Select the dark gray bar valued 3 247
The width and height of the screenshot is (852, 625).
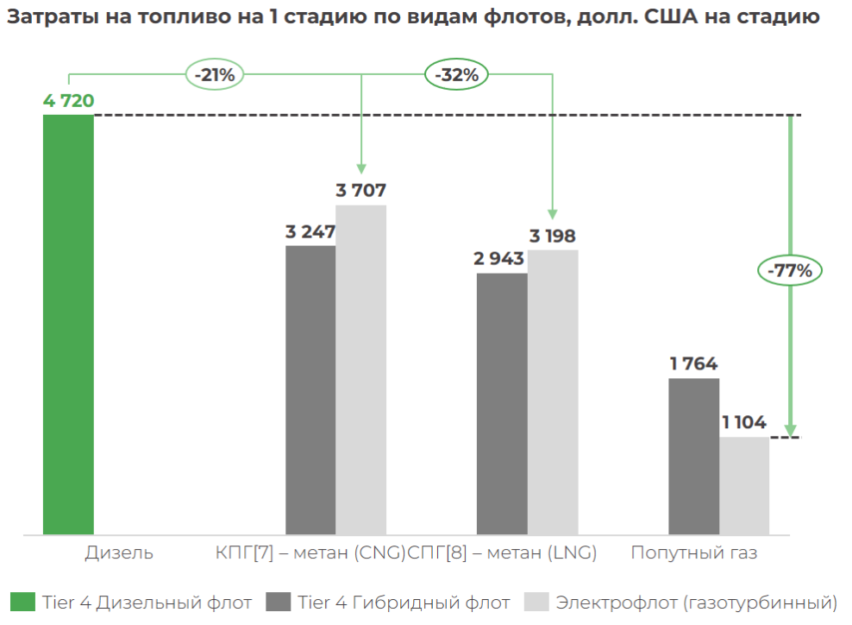point(310,389)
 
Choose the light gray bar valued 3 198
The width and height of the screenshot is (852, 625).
point(553,392)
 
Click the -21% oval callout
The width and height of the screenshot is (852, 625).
point(215,75)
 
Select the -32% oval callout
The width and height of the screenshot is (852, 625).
point(456,75)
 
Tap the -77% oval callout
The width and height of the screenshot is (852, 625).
point(790,271)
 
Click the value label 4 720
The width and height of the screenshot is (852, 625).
point(68,101)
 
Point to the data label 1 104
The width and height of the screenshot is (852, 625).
point(744,423)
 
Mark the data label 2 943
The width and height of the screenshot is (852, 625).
point(501,259)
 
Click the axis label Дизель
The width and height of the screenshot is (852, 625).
point(119,552)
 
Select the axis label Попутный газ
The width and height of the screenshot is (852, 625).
point(693,552)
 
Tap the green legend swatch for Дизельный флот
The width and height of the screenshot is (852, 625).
point(23,602)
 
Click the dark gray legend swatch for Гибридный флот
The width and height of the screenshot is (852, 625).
point(279,602)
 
